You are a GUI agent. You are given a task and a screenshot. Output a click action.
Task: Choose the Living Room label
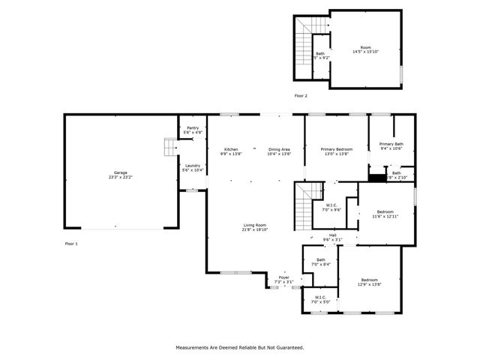tap(255, 227)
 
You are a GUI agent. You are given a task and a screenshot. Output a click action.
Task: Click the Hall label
tap(331, 237)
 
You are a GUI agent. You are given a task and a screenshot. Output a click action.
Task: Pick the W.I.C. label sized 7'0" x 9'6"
tap(331, 208)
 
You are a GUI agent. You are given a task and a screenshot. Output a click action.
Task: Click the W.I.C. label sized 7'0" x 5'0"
tap(320, 299)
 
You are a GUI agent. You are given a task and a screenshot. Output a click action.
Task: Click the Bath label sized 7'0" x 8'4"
tap(320, 262)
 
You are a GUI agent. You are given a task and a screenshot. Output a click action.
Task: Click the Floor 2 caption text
tap(301, 96)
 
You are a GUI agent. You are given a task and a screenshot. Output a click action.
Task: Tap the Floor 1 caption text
tap(71, 244)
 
